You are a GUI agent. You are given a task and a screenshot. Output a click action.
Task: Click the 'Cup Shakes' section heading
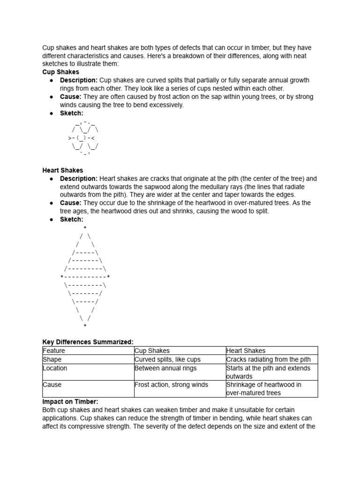point(60,72)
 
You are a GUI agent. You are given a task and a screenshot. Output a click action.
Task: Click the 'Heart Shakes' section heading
point(62,170)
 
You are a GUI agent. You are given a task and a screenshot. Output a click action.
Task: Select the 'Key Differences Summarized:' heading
point(88,342)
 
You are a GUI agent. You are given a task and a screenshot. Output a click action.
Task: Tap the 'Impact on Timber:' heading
point(70,402)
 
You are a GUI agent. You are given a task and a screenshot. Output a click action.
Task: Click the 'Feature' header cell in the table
point(54,351)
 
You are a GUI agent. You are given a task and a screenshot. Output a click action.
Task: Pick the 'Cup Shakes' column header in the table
point(152,351)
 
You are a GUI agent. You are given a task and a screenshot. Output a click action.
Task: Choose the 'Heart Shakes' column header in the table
point(246,351)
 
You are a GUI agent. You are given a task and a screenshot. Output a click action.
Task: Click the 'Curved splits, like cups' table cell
point(167,360)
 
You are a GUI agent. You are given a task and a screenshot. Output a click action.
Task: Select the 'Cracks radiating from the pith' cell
point(268,360)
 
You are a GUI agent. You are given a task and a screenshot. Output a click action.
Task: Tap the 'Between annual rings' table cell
point(163,368)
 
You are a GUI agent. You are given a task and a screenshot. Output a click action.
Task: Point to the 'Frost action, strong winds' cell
point(171,385)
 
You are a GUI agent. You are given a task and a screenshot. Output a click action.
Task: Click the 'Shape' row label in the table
point(52,360)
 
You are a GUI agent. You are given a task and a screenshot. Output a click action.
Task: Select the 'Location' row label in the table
point(55,368)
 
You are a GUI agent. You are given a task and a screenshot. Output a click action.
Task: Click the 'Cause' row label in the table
point(52,385)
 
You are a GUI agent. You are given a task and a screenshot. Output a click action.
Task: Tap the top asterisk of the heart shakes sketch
point(85,228)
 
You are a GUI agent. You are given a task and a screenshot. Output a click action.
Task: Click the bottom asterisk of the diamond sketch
point(85,326)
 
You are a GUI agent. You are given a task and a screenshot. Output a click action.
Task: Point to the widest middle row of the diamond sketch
point(85,277)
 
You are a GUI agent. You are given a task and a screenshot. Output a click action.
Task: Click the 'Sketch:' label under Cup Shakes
point(71,113)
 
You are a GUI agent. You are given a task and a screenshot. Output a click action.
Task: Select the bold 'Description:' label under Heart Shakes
point(79,179)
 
